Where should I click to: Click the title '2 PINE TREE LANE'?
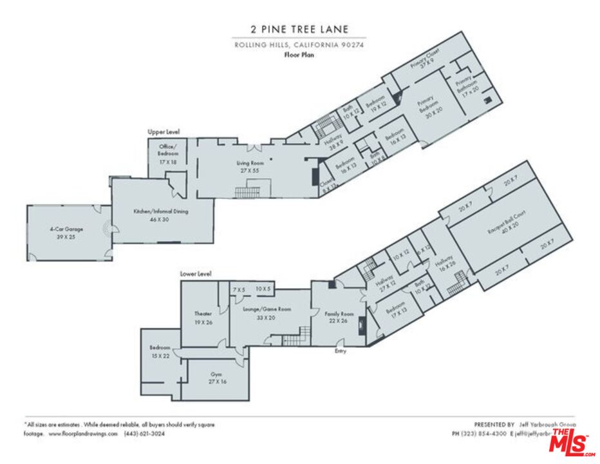pos(299,28)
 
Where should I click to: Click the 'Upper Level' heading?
pos(164,131)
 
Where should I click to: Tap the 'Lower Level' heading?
pos(196,274)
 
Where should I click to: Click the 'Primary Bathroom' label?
pos(468,82)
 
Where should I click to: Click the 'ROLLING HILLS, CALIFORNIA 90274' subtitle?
pos(299,44)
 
